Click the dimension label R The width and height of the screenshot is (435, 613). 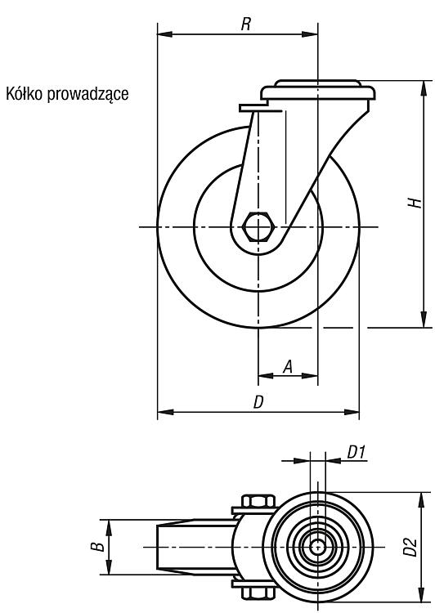point(245,25)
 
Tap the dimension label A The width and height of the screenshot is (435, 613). point(288,367)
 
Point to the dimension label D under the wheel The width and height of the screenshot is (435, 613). point(258,402)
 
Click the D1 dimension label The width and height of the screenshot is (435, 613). point(356,452)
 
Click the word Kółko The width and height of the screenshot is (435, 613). point(24,94)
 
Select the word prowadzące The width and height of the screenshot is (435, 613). point(87,95)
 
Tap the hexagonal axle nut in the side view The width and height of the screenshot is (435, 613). point(258,226)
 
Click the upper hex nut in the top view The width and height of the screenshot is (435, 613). point(258,501)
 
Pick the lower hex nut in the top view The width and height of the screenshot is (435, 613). point(258,593)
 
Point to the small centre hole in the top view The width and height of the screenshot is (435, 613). point(317,547)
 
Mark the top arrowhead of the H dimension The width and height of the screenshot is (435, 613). point(424,88)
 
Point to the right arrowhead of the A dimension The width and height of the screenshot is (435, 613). point(310,376)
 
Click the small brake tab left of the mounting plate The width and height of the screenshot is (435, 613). point(253,108)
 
